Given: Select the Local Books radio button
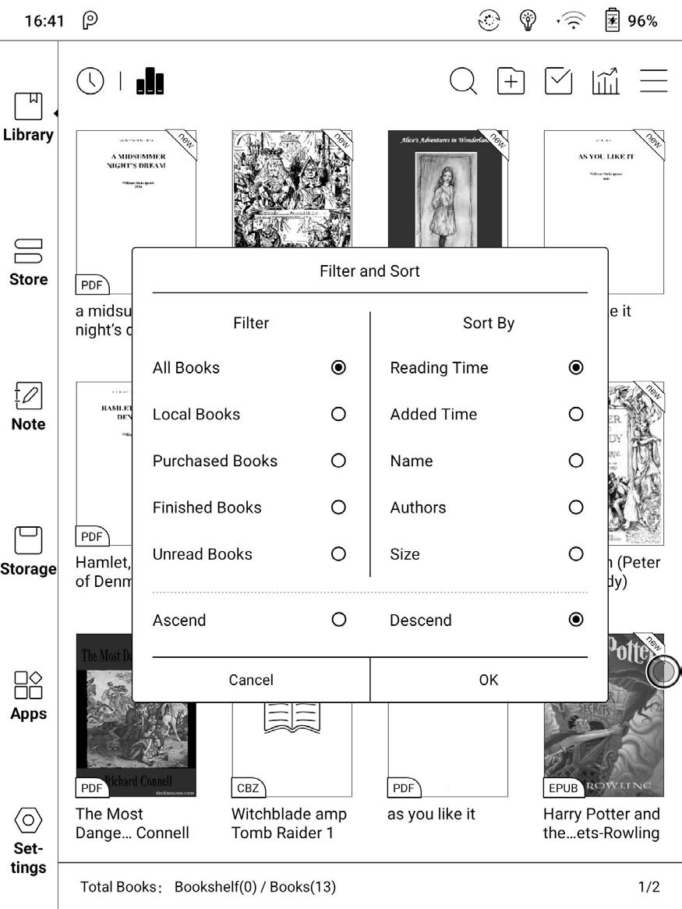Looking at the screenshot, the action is coord(338,414).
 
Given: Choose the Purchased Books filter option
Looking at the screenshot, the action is coord(338,461).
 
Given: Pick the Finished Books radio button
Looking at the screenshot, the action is coord(338,508).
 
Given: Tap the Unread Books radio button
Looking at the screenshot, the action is coord(338,554).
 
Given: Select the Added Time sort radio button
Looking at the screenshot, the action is coord(576,414).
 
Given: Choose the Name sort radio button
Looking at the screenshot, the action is coord(576,461).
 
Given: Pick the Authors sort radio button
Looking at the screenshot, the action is coord(576,508).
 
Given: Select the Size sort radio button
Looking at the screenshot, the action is coord(576,554).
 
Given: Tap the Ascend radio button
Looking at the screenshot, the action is coord(338,620).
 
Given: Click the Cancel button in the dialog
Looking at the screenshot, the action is coord(251,680).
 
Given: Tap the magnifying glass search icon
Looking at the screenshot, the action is coord(463,81).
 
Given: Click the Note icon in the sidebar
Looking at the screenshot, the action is coord(28,397).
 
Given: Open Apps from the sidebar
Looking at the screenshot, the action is coord(28,686).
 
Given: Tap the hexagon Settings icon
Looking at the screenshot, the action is coord(28,820).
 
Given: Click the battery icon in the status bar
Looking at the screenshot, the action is coord(613,21).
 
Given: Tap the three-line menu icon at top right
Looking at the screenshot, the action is coord(654,81).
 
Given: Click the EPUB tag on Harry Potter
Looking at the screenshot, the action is coord(563,788).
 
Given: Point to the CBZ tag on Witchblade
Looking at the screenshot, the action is coord(248,788).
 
